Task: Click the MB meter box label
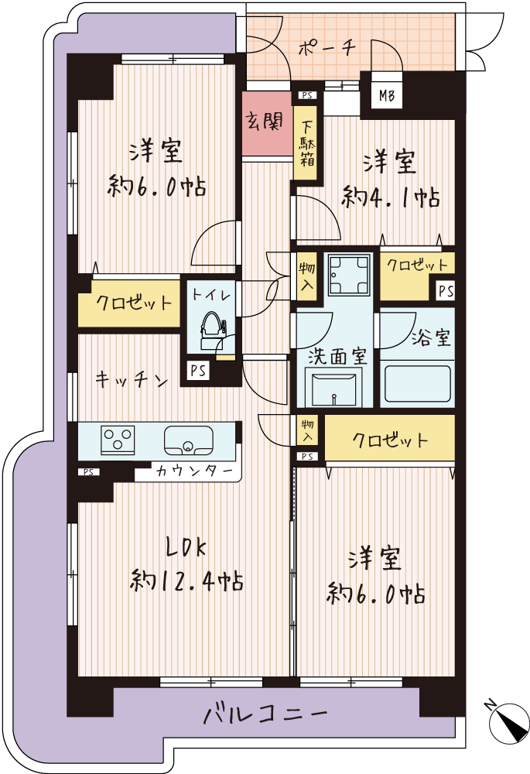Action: pos(386,94)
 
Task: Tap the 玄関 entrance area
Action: pos(267,123)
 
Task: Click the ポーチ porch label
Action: pos(327,48)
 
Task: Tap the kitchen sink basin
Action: pos(189,441)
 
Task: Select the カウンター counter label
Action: pos(194,471)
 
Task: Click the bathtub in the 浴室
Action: pos(418,384)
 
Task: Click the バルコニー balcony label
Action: pos(265,714)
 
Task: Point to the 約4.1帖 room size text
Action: pos(391,198)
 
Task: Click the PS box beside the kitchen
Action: pos(198,370)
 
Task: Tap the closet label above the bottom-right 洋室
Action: pos(389,440)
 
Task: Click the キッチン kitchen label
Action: pos(132,380)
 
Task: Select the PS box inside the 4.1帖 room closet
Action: pos(446,291)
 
